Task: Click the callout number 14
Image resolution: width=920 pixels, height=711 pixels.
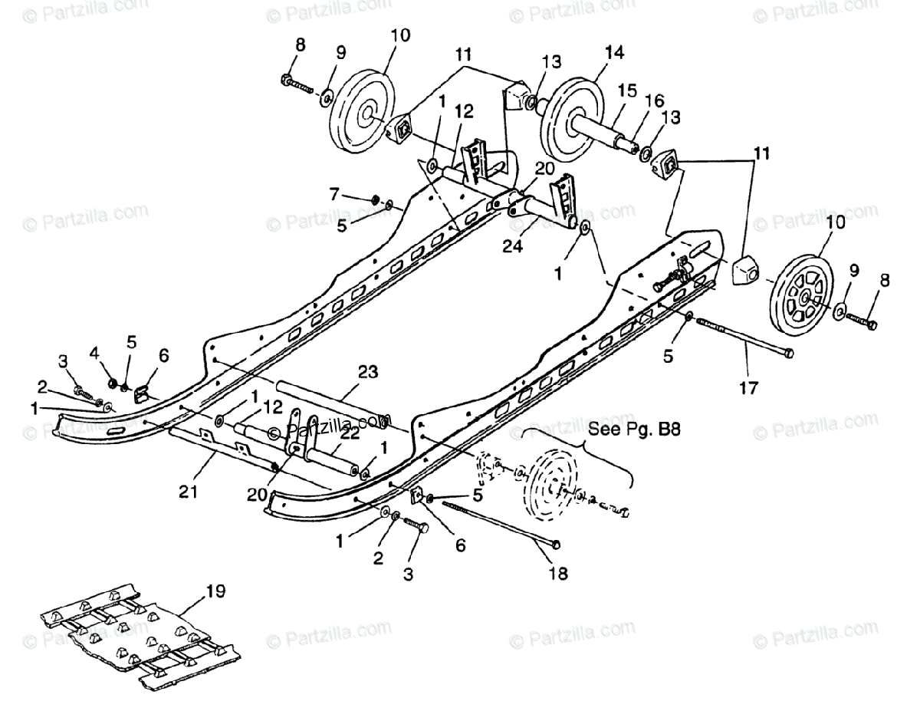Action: pyautogui.click(x=614, y=52)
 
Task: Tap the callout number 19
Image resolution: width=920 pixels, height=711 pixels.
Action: pyautogui.click(x=215, y=591)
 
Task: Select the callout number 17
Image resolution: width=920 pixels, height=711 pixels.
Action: pyautogui.click(x=748, y=388)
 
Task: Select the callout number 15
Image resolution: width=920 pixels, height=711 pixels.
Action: pyautogui.click(x=628, y=90)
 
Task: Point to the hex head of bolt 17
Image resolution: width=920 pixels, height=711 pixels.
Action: pyautogui.click(x=787, y=354)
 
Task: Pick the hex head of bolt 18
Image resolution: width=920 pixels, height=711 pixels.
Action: pyautogui.click(x=556, y=544)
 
